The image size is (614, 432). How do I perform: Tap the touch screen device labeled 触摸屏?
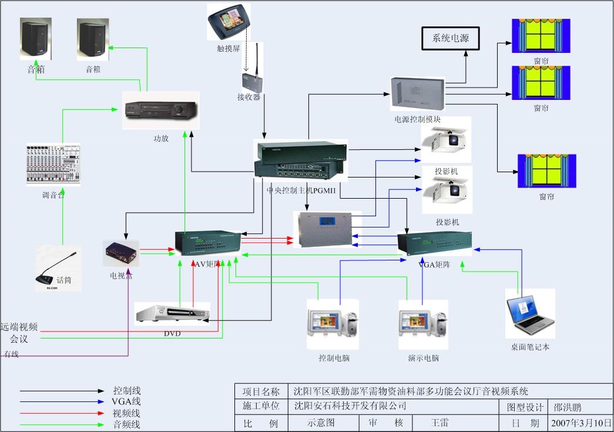pyautogui.click(x=228, y=22)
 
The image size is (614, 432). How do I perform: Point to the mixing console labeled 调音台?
pyautogui.click(x=53, y=165)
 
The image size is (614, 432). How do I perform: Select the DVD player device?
pyautogui.click(x=172, y=314)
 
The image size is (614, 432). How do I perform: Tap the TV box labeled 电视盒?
pyautogui.click(x=121, y=254)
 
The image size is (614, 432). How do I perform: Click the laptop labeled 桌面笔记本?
pyautogui.click(x=530, y=313)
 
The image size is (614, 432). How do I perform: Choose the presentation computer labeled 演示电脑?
pyautogui.click(x=423, y=325)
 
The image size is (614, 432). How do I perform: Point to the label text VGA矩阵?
pyautogui.click(x=434, y=264)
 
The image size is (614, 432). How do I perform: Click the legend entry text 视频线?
pyautogui.click(x=127, y=413)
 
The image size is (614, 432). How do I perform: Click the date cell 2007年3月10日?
pyautogui.click(x=580, y=423)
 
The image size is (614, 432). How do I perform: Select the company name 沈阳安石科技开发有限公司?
pyautogui.click(x=350, y=406)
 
